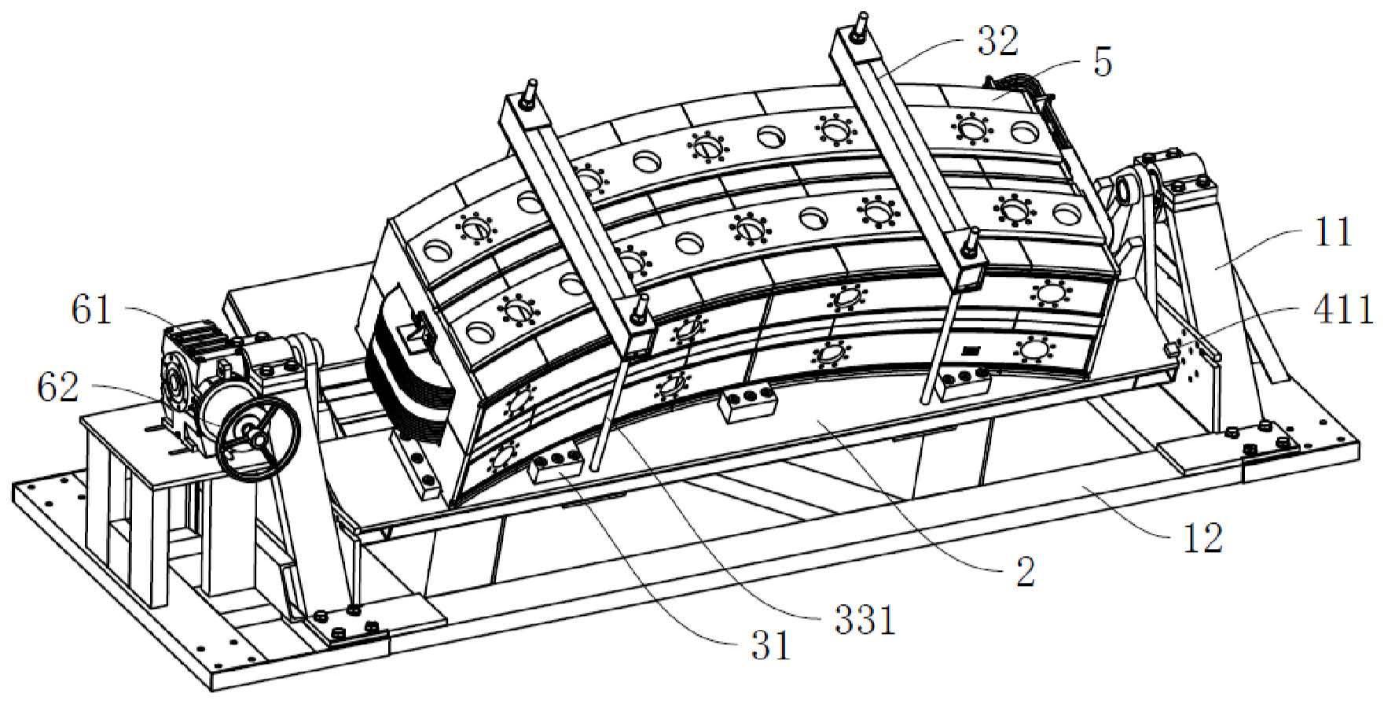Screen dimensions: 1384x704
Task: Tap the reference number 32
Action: tap(997, 40)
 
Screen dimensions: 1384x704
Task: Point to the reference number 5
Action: tap(1103, 63)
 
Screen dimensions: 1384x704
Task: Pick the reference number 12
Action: tap(1202, 539)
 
